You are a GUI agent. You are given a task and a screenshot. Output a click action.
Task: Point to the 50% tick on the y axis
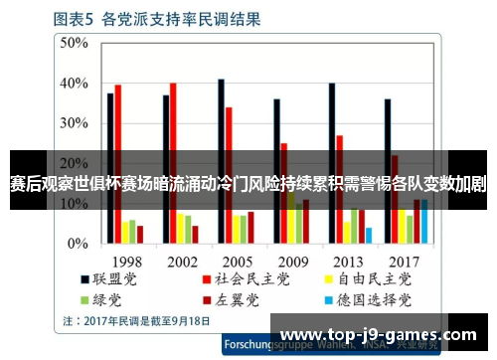[76, 43]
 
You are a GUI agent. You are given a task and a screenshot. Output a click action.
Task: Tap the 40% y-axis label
[76, 84]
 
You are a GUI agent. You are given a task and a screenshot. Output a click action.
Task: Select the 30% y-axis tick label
[76, 123]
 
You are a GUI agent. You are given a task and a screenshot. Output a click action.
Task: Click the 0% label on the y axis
[80, 244]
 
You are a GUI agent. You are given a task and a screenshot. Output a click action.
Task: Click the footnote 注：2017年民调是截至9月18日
[135, 320]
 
